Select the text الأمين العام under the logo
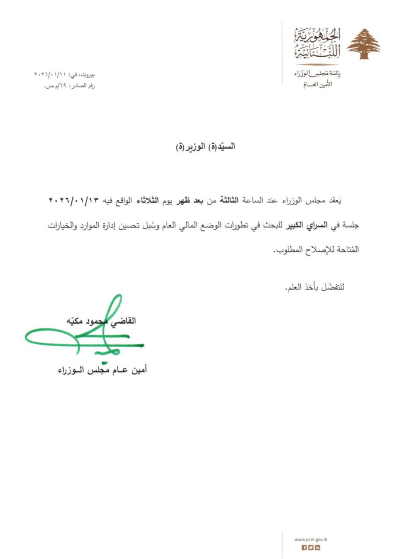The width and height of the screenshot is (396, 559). click(311, 84)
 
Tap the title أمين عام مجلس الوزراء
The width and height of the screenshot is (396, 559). click(103, 370)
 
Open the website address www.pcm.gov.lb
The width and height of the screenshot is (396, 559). click(311, 539)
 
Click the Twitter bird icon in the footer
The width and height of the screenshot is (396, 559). click(311, 548)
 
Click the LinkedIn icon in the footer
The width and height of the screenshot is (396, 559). click(318, 548)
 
